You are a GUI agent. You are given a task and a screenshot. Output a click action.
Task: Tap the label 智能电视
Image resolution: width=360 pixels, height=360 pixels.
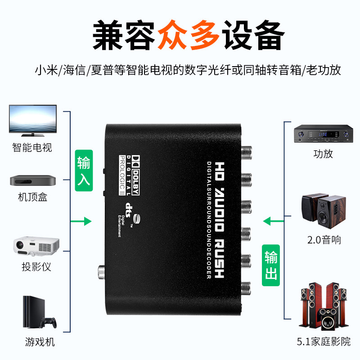pyautogui.click(x=32, y=147)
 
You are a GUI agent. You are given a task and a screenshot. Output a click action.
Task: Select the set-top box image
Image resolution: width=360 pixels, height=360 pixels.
pyautogui.click(x=33, y=180)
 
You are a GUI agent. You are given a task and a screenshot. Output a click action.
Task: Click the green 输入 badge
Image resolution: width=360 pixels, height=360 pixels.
pyautogui.click(x=84, y=171)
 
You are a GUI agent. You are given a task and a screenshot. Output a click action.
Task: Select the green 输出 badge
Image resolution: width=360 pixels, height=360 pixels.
pyautogui.click(x=271, y=265)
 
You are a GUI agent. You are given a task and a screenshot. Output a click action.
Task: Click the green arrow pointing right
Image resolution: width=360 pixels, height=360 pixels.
pyautogui.click(x=81, y=221)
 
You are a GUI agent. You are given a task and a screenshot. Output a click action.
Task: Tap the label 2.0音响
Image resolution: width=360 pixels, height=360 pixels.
pyautogui.click(x=324, y=239)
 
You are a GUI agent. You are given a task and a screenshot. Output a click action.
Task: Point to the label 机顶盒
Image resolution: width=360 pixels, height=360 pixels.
pyautogui.click(x=32, y=197)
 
